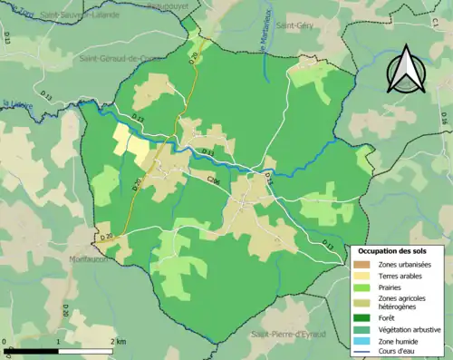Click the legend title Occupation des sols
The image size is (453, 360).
(391, 249)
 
